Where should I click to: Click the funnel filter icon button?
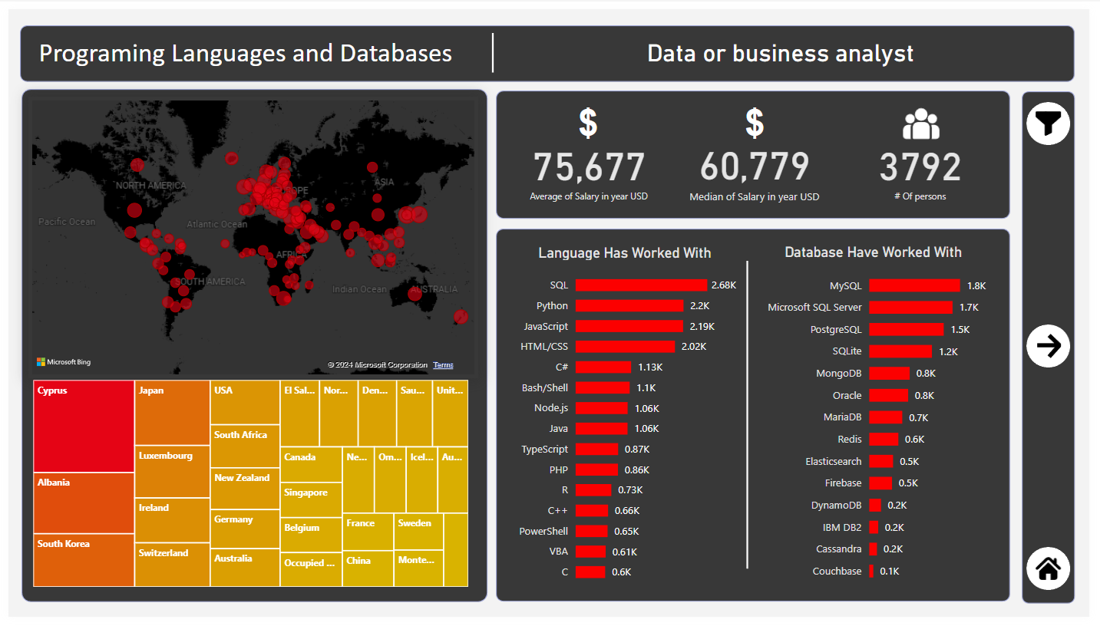[x=1048, y=124]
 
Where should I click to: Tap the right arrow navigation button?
[x=1048, y=346]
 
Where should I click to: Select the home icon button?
[x=1048, y=568]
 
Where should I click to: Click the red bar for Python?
[x=629, y=305]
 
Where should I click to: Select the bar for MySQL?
[x=914, y=285]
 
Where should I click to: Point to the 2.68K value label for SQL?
[x=723, y=285]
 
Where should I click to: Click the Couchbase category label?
[x=837, y=571]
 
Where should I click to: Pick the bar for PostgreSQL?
[x=906, y=329]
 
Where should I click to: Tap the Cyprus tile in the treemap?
[x=84, y=427]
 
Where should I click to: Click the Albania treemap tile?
[x=84, y=503]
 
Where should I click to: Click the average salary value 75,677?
[x=589, y=167]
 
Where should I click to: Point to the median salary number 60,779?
[x=754, y=167]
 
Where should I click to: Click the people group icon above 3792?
[x=920, y=124]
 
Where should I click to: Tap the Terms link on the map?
[x=443, y=365]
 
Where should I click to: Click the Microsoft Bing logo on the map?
[x=64, y=362]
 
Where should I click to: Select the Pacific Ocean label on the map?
[x=68, y=222]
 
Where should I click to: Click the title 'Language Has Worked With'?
[x=624, y=253]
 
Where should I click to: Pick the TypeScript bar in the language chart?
[x=596, y=449]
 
